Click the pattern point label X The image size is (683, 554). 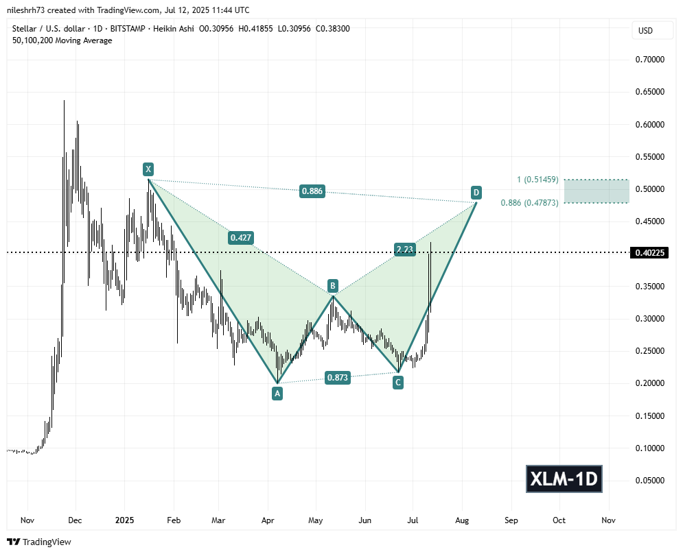click(148, 169)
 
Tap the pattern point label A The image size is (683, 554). click(277, 393)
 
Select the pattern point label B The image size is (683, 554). click(332, 285)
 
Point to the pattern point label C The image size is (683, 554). click(397, 383)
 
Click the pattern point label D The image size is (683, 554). click(475, 192)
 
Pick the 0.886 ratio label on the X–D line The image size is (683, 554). click(312, 191)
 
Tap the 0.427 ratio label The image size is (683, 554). click(240, 238)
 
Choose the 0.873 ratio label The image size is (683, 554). click(336, 377)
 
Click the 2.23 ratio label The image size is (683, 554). click(405, 250)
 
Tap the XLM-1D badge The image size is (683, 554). click(564, 479)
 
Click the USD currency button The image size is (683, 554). click(646, 31)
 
